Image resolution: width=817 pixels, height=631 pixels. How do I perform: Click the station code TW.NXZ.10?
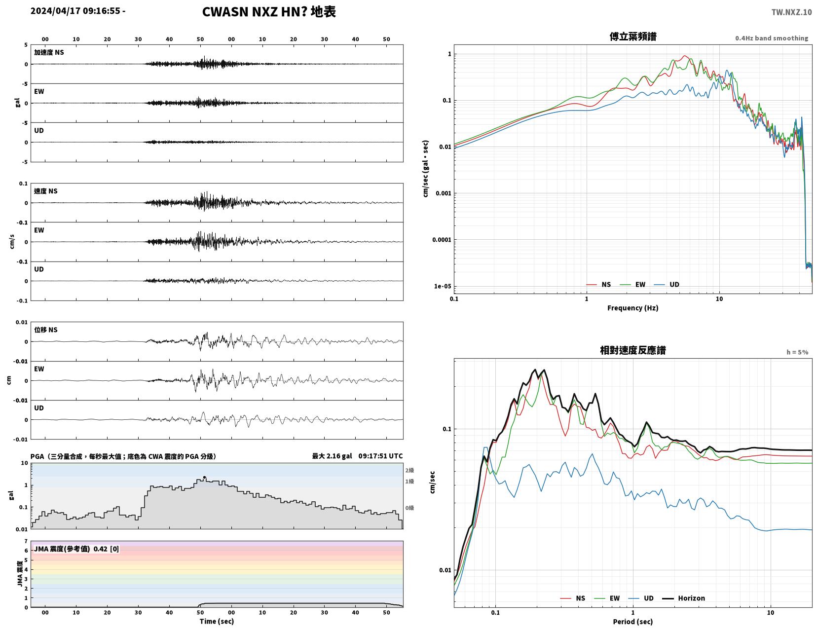tap(791, 12)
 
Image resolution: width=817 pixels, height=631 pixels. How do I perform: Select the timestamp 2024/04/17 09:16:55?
tap(75, 10)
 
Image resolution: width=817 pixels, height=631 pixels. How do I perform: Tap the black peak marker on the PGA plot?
tap(204, 477)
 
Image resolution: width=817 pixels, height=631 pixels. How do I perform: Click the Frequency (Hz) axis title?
tap(632, 307)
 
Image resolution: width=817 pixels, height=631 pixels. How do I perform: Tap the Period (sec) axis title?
tap(632, 621)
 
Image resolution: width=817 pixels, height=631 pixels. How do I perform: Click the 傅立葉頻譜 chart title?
tap(632, 37)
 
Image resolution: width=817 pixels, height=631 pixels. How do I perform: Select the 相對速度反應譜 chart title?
tap(632, 350)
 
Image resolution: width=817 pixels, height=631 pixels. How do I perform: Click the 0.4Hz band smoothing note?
tap(771, 38)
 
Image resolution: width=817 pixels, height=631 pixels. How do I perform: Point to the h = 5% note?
tap(797, 352)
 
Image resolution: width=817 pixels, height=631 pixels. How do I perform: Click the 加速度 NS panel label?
tap(49, 52)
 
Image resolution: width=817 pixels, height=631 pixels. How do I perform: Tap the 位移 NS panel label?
tap(46, 330)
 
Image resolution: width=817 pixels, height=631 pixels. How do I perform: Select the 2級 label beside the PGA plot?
tap(409, 470)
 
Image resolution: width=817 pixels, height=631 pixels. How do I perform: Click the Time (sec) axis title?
tap(217, 621)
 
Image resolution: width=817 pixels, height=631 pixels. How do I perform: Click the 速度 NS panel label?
tap(46, 191)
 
